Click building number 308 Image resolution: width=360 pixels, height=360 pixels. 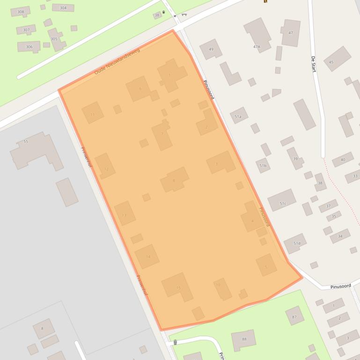[x=20, y=12]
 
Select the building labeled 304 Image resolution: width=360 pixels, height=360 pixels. [x=63, y=8]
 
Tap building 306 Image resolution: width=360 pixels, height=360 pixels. [x=29, y=47]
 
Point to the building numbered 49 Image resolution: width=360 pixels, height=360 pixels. [x=211, y=49]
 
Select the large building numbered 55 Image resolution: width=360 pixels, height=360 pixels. [x=33, y=149]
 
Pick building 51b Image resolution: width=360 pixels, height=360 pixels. [x=263, y=166]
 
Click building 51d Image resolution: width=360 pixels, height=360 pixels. [x=296, y=243]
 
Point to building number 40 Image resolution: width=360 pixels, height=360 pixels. [x=343, y=160]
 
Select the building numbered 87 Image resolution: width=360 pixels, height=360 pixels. [x=294, y=316]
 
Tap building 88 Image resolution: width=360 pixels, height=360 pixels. [x=244, y=339]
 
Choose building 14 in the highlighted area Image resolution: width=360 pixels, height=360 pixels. [x=147, y=257]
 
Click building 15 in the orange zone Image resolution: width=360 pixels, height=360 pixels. [x=178, y=287]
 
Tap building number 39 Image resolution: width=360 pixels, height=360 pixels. [x=295, y=158]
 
